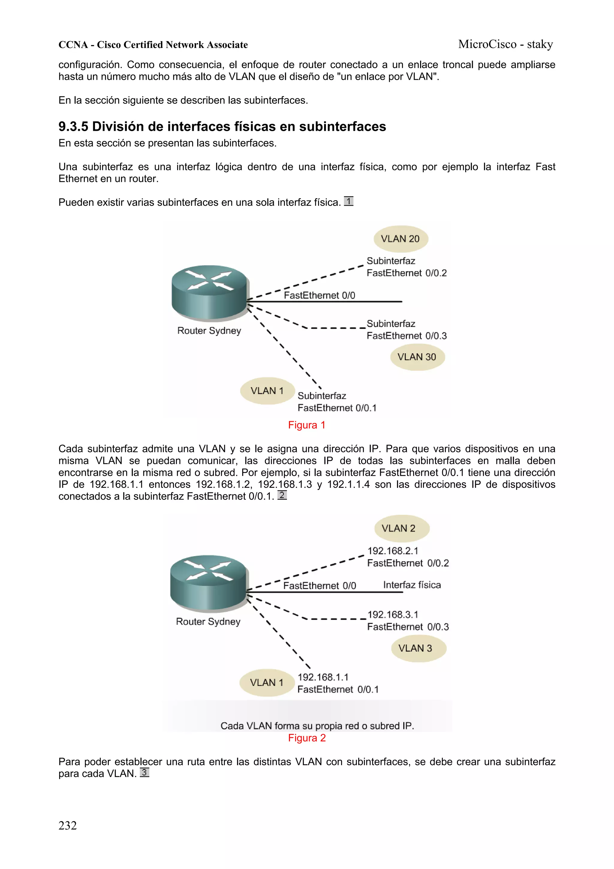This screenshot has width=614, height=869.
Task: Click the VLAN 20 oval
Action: coord(400,239)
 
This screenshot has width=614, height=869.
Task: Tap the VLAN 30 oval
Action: coord(417,357)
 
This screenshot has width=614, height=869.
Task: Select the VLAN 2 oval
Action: coord(401,528)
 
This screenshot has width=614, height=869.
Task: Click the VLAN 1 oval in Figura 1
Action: coord(267,391)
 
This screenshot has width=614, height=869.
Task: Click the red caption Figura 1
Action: coord(306,425)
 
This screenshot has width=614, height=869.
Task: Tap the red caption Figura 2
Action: coord(307,738)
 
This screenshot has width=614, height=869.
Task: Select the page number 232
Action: coord(68,826)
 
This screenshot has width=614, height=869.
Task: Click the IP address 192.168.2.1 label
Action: coord(393,551)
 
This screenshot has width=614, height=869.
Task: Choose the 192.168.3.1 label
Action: coord(393,614)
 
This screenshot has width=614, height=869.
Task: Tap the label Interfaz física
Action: coord(412,585)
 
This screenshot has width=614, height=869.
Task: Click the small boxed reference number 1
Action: coord(348,201)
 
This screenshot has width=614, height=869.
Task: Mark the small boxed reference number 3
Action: coord(145,772)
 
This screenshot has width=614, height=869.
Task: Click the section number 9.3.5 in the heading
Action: coord(73,126)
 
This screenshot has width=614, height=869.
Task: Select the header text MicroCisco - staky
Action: coord(505,44)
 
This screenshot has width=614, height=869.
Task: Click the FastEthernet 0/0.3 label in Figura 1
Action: coord(407,336)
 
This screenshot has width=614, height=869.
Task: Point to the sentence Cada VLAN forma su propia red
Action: coord(317,726)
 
